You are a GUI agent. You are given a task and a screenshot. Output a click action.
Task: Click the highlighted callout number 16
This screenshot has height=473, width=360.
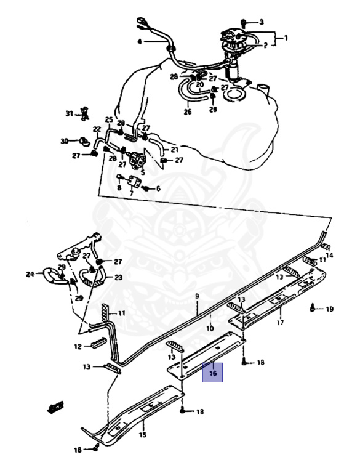click(213, 373)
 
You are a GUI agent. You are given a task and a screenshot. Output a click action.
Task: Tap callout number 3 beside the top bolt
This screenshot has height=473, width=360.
click(262, 22)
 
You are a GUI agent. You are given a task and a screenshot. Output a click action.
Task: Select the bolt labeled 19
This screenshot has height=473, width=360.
click(313, 308)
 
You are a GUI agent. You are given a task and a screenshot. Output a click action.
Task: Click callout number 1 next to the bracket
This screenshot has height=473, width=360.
click(286, 38)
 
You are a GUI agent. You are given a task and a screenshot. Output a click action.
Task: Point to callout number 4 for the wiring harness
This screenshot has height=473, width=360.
click(139, 42)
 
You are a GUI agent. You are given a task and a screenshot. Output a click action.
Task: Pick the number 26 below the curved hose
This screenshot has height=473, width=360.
click(188, 112)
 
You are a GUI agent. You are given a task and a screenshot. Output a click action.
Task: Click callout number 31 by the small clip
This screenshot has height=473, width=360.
click(70, 114)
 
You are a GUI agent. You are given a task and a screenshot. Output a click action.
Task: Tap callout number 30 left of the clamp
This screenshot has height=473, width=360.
click(65, 141)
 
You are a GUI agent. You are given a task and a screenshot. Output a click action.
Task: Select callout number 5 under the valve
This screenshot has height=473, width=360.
click(143, 172)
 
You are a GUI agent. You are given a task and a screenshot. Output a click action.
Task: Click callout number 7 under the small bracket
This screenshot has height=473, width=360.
click(132, 193)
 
